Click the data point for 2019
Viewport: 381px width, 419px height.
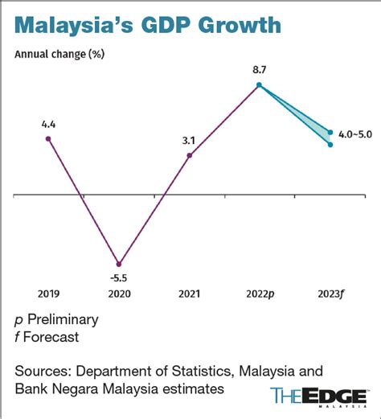(x=49, y=138)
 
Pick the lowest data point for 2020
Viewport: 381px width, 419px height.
(x=119, y=264)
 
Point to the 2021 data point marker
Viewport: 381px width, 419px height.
(x=189, y=155)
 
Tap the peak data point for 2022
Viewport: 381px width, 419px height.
(x=259, y=84)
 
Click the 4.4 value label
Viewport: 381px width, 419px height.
(x=49, y=124)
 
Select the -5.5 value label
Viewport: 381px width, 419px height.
(x=119, y=277)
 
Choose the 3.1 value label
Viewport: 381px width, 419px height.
(x=189, y=141)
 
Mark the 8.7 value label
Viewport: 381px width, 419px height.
(x=259, y=70)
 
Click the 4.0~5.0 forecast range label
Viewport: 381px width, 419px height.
(x=355, y=134)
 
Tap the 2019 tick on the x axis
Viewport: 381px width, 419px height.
(x=49, y=294)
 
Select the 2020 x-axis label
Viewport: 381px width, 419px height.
(x=119, y=294)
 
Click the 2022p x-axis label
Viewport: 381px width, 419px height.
(x=259, y=294)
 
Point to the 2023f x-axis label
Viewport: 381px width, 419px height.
(x=330, y=294)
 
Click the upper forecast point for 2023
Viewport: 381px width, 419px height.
(x=330, y=131)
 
